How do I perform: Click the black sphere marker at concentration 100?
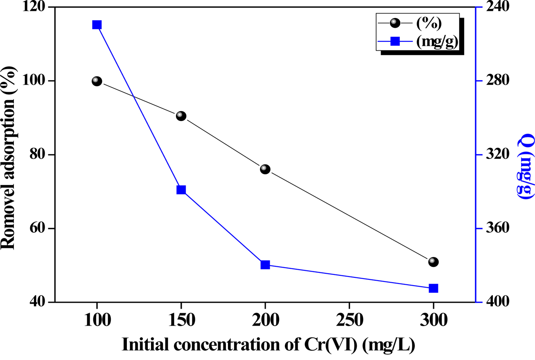point(97,81)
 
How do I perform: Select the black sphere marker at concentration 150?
point(181,116)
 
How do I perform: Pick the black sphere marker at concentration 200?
point(265,169)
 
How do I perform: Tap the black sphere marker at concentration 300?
point(433,262)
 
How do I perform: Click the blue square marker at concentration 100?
point(97,25)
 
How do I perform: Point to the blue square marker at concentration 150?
point(181,190)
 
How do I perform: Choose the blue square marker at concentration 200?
point(265,265)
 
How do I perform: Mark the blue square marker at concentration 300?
point(433,288)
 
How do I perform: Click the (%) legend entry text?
point(429,24)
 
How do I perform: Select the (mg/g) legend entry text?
point(437,41)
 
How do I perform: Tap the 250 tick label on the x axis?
point(349,320)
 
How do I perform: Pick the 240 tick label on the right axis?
point(497,8)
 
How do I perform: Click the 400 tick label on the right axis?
point(497,302)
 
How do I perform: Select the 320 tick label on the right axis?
point(497,155)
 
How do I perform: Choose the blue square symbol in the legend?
point(395,41)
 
